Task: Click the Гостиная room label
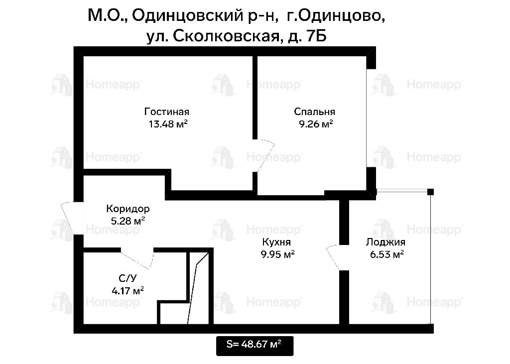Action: (166, 112)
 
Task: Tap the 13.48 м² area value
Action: (168, 124)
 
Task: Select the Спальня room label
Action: (314, 112)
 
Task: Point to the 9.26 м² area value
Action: (316, 124)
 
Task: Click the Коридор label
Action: (128, 209)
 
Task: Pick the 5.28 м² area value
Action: (128, 221)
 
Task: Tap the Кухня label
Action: (276, 242)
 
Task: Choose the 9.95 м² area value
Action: (277, 254)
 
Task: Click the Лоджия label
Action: (385, 242)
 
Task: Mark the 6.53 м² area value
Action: (386, 254)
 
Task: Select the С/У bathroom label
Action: (127, 278)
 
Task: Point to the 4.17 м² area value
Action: (127, 290)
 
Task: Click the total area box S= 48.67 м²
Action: (255, 346)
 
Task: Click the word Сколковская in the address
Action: (226, 36)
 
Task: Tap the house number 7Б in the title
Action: (316, 36)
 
